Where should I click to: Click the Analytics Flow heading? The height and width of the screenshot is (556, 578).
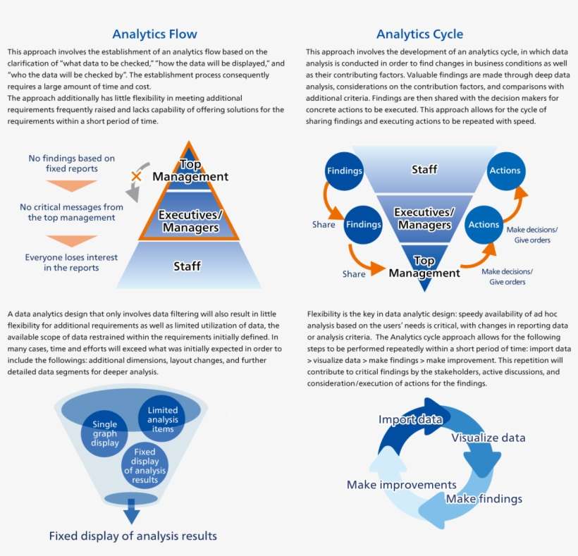pyautogui.click(x=154, y=34)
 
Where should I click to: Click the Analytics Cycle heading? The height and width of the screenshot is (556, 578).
pyautogui.click(x=420, y=34)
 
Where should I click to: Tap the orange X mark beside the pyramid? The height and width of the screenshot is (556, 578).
pyautogui.click(x=137, y=175)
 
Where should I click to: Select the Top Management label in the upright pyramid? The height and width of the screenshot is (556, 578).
pyautogui.click(x=190, y=171)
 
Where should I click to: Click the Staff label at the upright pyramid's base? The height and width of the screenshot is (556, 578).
pyautogui.click(x=187, y=266)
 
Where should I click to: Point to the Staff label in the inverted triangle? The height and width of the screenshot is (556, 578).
pyautogui.click(x=424, y=169)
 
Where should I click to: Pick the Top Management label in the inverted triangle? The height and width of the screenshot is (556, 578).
pyautogui.click(x=424, y=266)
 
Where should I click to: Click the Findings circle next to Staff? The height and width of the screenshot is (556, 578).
pyautogui.click(x=345, y=171)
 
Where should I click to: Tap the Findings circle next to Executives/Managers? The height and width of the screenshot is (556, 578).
pyautogui.click(x=363, y=225)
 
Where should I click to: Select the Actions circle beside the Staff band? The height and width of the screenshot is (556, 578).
pyautogui.click(x=505, y=170)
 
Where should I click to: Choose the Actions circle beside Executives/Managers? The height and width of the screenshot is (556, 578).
pyautogui.click(x=484, y=225)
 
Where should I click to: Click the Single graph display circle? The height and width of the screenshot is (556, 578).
pyautogui.click(x=104, y=433)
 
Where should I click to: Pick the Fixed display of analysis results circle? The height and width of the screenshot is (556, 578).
pyautogui.click(x=144, y=466)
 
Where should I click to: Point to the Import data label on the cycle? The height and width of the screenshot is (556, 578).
pyautogui.click(x=410, y=420)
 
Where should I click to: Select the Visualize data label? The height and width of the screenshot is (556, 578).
pyautogui.click(x=488, y=438)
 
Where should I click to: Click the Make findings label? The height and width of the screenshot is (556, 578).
pyautogui.click(x=484, y=499)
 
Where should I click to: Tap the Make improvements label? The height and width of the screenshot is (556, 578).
pyautogui.click(x=401, y=485)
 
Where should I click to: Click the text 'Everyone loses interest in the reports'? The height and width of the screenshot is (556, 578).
pyautogui.click(x=71, y=262)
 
